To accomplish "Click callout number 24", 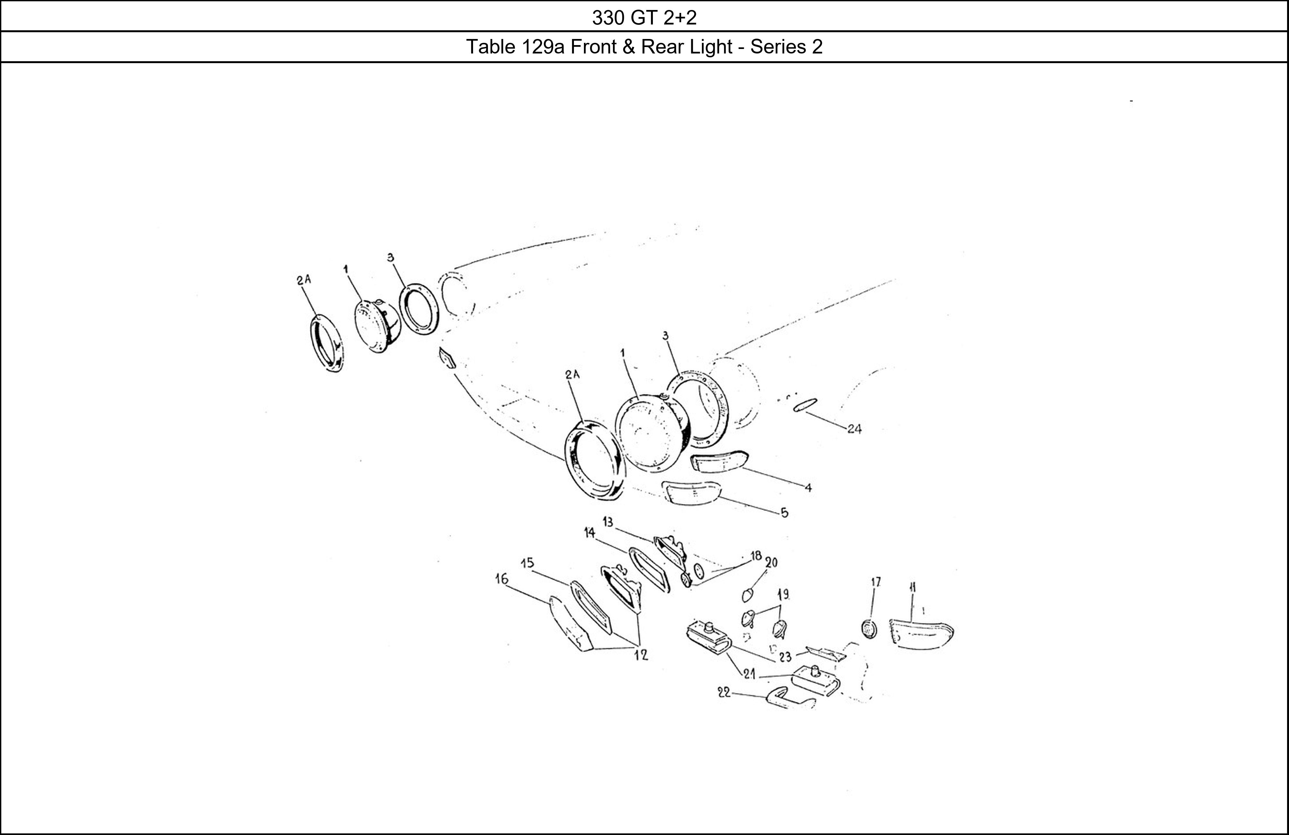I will (x=854, y=429).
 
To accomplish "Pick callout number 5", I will (x=785, y=512).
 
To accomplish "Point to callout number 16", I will (x=501, y=579).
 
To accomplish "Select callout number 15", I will (x=527, y=563).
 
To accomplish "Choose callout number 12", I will (x=641, y=655).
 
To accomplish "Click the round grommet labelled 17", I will (x=868, y=629).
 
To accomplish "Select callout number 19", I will (x=783, y=595).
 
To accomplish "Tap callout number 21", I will (x=750, y=675).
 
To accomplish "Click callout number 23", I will (x=785, y=657).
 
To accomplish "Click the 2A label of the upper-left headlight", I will (x=304, y=279).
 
